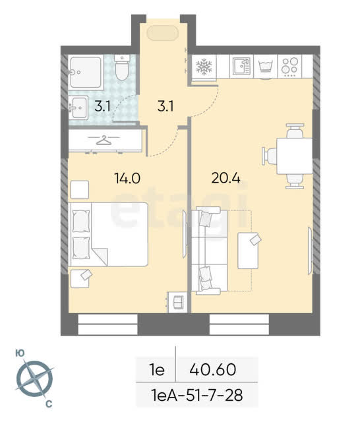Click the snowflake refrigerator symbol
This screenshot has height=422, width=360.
(x=204, y=67)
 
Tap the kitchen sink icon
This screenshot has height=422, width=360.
(x=241, y=66)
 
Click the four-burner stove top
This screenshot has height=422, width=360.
(x=289, y=66)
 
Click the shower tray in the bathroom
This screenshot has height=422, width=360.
(x=86, y=73)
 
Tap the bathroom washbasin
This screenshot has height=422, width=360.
(x=78, y=108)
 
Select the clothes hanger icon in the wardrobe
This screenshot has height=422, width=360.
(x=104, y=140)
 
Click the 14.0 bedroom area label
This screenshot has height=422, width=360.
(x=127, y=178)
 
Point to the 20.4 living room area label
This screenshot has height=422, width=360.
(x=225, y=178)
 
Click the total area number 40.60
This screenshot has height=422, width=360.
(x=213, y=369)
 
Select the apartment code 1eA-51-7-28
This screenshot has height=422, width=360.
(x=196, y=396)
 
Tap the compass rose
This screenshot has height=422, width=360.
(x=34, y=380)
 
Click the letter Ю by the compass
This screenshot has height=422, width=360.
(x=20, y=353)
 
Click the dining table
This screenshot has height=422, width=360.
(x=294, y=156)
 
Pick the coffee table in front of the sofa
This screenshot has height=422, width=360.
(x=248, y=251)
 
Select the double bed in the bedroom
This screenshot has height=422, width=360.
(x=108, y=234)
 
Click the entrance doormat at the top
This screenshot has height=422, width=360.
(x=163, y=33)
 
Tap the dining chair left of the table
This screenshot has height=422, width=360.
(x=270, y=156)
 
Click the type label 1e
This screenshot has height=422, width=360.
(x=157, y=370)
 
